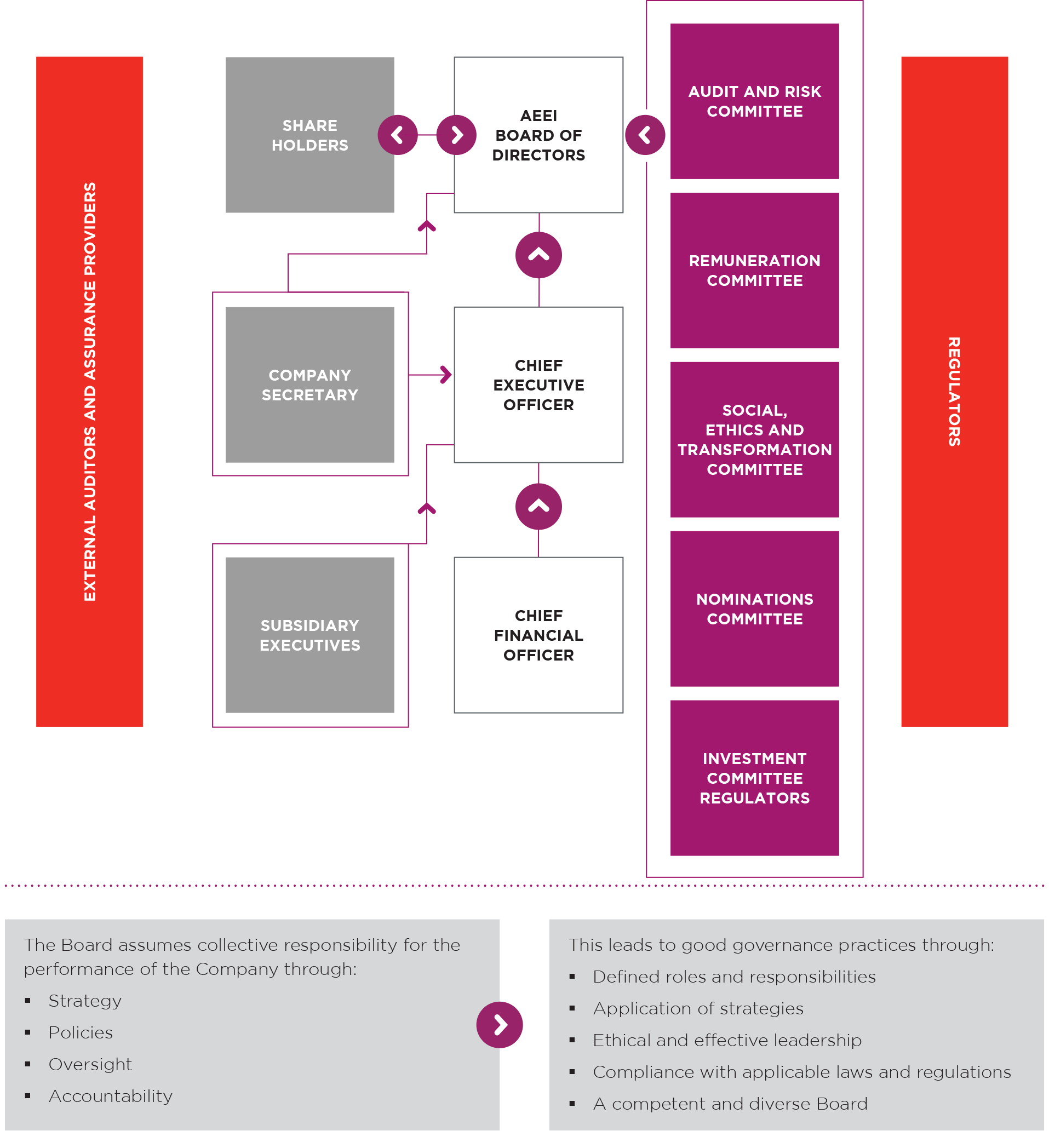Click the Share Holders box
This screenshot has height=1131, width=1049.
coord(309,135)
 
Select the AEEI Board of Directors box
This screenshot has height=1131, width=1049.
coord(538,135)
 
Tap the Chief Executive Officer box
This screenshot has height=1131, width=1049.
coord(538,384)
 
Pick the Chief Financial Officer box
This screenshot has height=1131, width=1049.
coord(538,634)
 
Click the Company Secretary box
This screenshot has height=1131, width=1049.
coord(309,384)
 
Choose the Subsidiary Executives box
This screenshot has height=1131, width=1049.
coord(309,634)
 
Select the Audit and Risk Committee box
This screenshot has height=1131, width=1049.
coord(754,101)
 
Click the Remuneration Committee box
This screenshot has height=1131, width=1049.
coord(754,270)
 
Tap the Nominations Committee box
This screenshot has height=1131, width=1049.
coord(754,608)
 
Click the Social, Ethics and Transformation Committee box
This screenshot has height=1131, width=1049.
coord(754,439)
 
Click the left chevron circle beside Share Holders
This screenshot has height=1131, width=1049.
coord(397,135)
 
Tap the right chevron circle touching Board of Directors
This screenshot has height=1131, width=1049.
coord(456,135)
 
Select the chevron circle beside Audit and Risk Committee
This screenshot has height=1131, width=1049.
coord(645,135)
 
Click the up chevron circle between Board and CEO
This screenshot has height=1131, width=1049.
coord(538,255)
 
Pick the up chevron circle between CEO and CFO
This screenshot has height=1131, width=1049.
coord(538,506)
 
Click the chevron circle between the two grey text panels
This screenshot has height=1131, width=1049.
coord(499,1024)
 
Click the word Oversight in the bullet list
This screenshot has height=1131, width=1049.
coord(90,1064)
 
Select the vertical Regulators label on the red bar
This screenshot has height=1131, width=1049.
coord(954,392)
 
